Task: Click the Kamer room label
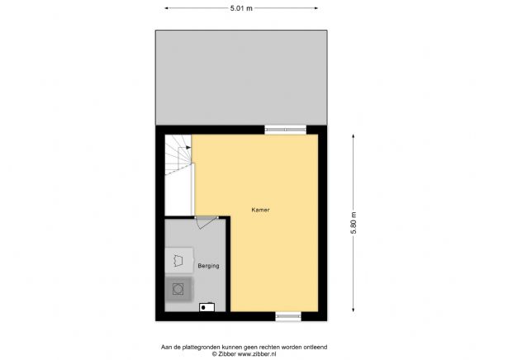pyautogui.click(x=261, y=210)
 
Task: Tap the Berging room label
pyautogui.click(x=208, y=266)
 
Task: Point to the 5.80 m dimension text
pyautogui.click(x=355, y=223)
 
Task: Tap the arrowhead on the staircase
pyautogui.click(x=190, y=149)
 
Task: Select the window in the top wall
pyautogui.click(x=285, y=129)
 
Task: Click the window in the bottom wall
pyautogui.click(x=288, y=315)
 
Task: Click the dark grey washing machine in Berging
pyautogui.click(x=179, y=288)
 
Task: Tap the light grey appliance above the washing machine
pyautogui.click(x=179, y=260)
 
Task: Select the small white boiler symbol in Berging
pyautogui.click(x=207, y=307)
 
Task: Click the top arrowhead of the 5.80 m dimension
pyautogui.click(x=355, y=131)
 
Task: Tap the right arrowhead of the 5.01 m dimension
pyautogui.click(x=319, y=7)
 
